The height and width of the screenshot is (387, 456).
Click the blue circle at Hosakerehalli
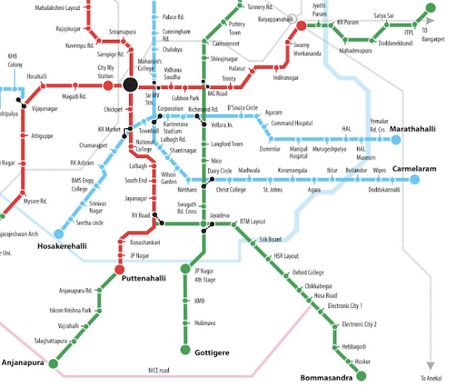pyautogui.click(x=58, y=233)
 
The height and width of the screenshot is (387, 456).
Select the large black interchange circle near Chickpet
pyautogui.click(x=130, y=85)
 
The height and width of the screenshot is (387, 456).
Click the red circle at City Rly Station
pyautogui.click(x=108, y=85)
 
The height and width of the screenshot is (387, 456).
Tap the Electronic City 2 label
pyautogui.click(x=359, y=324)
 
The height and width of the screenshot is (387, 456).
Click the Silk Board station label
pyautogui.click(x=270, y=240)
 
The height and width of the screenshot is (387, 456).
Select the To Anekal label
pyautogui.click(x=432, y=378)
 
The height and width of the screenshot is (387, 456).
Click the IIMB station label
pyautogui.click(x=199, y=302)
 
